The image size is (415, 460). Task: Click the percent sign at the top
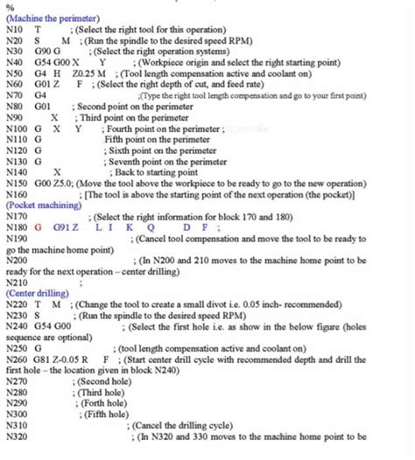(9, 6)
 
